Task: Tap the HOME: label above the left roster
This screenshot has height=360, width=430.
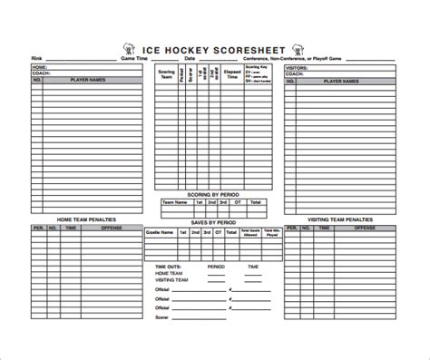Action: (x=40, y=67)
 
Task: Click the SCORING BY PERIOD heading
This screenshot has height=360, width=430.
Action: (x=214, y=193)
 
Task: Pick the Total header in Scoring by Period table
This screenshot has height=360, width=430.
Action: (x=256, y=202)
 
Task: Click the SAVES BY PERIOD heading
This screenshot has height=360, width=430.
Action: (x=214, y=222)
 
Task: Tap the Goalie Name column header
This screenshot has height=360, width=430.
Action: (x=157, y=233)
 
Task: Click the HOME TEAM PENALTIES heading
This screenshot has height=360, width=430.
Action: (x=87, y=219)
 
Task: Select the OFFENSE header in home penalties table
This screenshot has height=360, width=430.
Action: (x=110, y=229)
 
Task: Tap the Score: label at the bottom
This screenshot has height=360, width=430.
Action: (x=163, y=316)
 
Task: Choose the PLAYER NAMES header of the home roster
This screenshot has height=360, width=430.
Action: (x=91, y=81)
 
